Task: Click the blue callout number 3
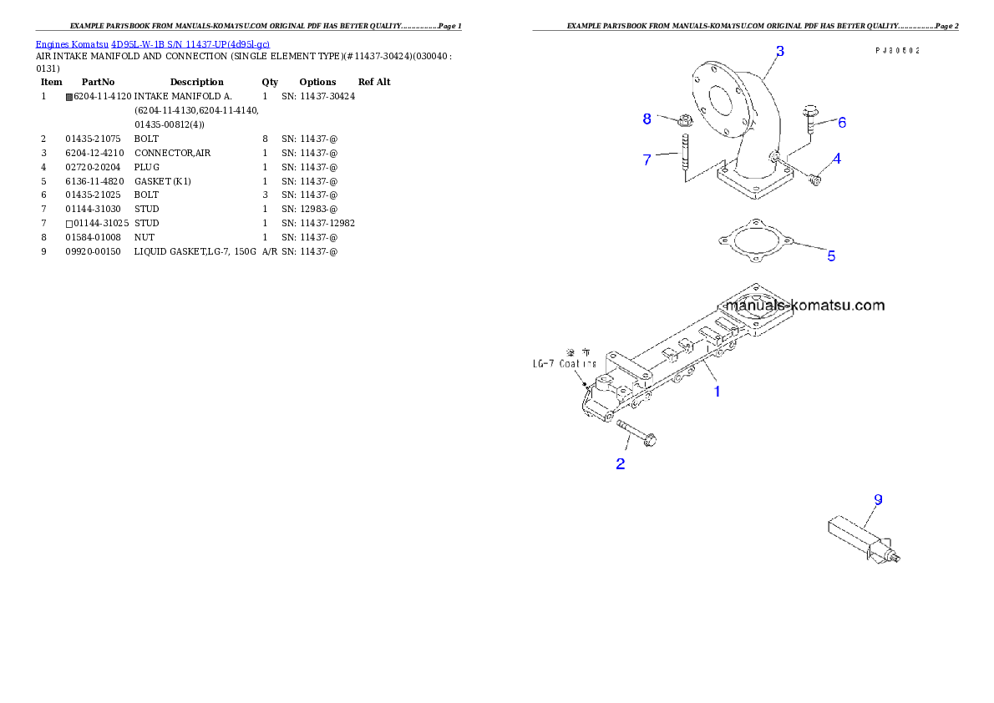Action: coord(779,51)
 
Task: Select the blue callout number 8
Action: coord(647,119)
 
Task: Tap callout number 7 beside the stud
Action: coord(647,159)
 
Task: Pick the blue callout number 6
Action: coord(842,123)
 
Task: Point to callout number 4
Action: coord(836,158)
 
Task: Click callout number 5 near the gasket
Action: coord(831,256)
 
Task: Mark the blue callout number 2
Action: coord(621,464)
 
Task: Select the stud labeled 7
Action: coord(683,162)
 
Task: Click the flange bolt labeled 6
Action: coord(810,119)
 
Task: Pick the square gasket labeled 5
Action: coord(754,240)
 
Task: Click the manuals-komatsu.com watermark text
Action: coord(804,305)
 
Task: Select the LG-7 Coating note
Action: coord(565,363)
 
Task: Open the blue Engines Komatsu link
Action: coord(152,43)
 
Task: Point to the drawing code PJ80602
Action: coord(897,51)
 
